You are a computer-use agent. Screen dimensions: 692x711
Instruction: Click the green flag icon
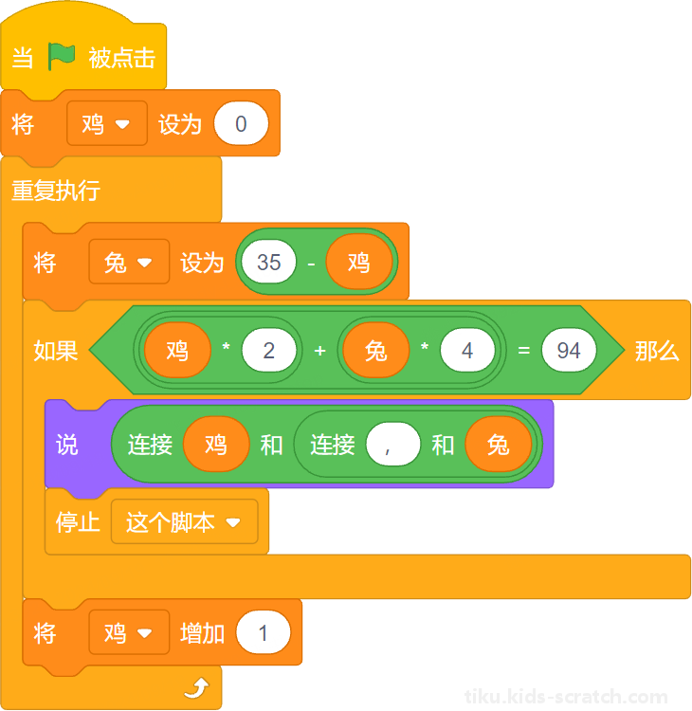coord(62,56)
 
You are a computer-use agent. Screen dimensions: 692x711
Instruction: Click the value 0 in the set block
coord(241,123)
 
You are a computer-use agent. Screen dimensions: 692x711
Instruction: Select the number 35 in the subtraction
coord(268,262)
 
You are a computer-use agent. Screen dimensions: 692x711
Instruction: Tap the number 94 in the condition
coord(569,351)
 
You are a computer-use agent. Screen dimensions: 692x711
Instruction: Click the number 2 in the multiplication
coord(269,351)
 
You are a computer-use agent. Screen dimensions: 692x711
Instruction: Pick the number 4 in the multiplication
coord(467,351)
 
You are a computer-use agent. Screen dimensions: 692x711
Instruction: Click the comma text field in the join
coord(392,444)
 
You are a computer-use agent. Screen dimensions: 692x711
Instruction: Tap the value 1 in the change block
coord(263,632)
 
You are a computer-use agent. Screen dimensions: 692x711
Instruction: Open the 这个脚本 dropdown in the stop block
coord(184,522)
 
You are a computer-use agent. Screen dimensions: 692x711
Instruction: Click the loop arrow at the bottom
coord(197,688)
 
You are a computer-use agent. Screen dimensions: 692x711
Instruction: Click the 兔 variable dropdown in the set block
coord(129,262)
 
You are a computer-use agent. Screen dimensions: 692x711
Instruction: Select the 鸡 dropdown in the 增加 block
coord(129,632)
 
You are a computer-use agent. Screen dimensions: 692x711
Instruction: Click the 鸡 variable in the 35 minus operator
coord(358,262)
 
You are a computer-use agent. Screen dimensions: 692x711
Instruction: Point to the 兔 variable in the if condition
coord(376,351)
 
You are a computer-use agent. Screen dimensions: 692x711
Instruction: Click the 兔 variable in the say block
coord(499,444)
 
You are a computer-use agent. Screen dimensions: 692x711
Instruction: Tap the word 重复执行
coord(56,191)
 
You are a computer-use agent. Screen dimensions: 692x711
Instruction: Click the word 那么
coord(657,351)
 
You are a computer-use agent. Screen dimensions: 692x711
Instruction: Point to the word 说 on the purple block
coord(67,445)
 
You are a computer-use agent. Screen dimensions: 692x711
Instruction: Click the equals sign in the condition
coord(524,351)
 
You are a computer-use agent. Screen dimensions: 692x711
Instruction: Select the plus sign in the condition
coord(319,351)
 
